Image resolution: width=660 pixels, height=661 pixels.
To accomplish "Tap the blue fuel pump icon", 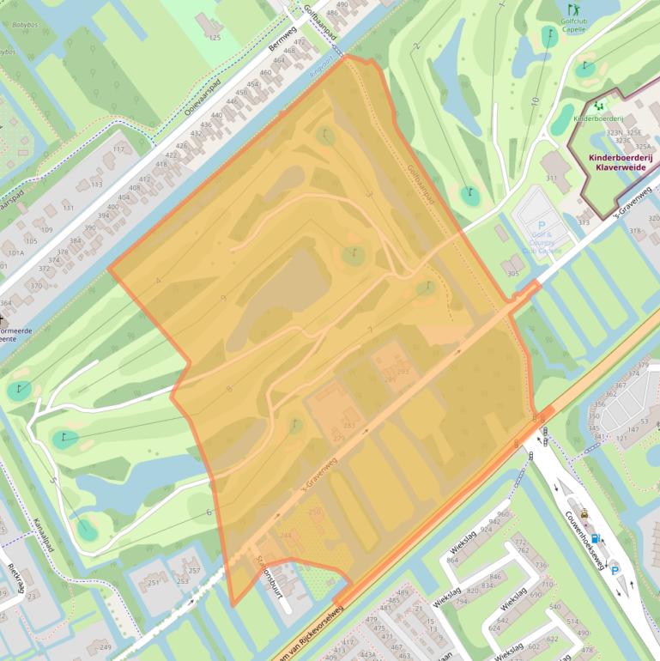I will click(x=596, y=538).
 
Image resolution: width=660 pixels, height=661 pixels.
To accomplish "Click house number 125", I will click(x=215, y=38).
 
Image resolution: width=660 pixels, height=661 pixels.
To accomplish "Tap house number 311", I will click(x=551, y=178).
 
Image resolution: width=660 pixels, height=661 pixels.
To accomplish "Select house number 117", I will click(x=118, y=149).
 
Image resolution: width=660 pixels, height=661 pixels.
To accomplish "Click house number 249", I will click(x=105, y=646).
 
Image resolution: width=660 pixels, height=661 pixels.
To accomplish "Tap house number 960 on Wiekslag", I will click(x=502, y=513).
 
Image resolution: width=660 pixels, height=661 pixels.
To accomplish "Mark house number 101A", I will click(x=16, y=252).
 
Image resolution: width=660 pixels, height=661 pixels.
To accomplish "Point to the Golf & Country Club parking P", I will click(x=541, y=225).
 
